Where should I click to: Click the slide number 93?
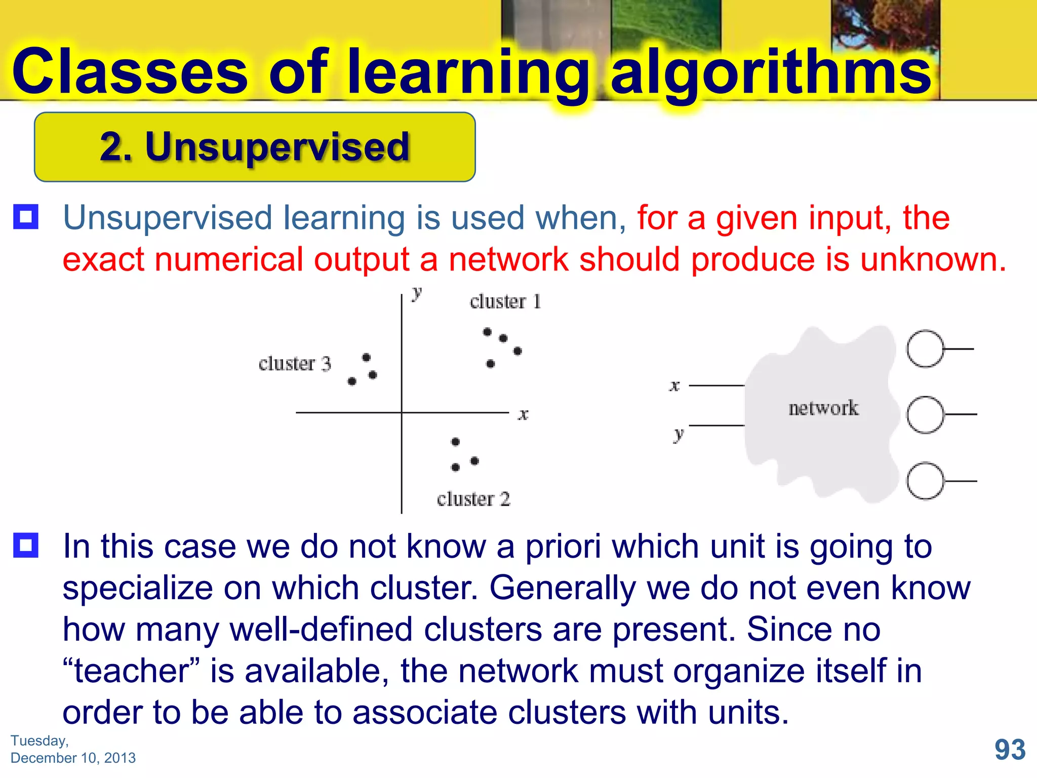[1010, 750]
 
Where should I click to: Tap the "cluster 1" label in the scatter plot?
[505, 302]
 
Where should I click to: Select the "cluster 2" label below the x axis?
[473, 499]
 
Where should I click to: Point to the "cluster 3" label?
[294, 364]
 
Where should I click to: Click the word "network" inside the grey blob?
[823, 408]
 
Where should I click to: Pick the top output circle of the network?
[925, 349]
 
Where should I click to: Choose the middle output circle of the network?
[925, 415]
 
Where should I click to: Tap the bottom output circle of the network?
[925, 481]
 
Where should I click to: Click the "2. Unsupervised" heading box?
[255, 147]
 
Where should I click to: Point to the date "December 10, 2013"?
[73, 758]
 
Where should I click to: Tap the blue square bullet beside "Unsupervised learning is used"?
[26, 217]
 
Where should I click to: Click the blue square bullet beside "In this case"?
[26, 546]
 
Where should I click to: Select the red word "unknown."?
[933, 259]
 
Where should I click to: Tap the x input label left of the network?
[674, 386]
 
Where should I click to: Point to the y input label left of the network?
[679, 434]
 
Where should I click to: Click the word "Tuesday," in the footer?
[39, 741]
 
